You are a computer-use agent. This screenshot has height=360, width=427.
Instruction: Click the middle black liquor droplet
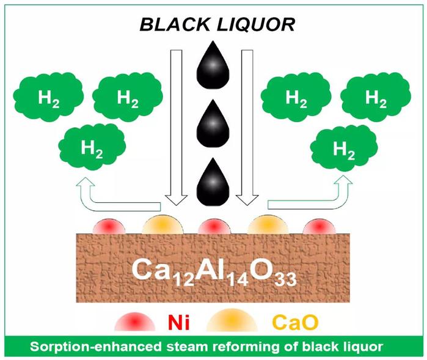[213, 123]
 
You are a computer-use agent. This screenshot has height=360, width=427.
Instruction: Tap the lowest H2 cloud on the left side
[92, 145]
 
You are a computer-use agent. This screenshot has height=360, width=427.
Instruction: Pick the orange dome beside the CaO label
[233, 319]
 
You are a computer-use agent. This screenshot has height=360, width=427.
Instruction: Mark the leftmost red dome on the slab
[109, 226]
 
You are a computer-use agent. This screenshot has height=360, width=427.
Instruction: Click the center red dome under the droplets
[214, 226]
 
